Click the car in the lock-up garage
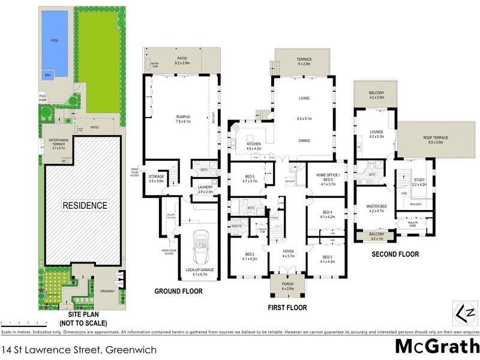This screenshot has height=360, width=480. (199, 246)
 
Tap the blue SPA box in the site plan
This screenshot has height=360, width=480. (47, 76)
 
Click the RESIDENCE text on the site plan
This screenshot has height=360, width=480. (86, 205)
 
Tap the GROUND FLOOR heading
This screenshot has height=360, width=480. (178, 291)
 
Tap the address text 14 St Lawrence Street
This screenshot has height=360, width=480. (80, 349)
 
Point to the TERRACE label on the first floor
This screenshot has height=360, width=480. (302, 60)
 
